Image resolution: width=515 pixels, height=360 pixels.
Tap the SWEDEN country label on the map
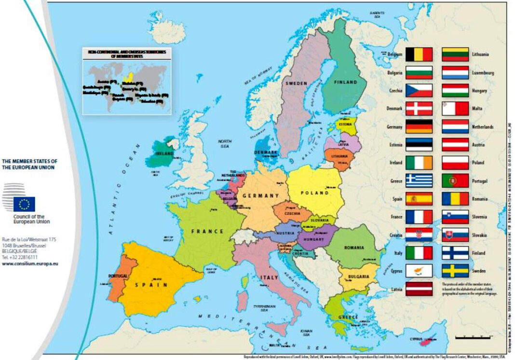click(296, 83)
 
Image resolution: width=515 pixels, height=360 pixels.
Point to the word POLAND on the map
click(315, 193)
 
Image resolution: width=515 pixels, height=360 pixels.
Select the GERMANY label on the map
click(260, 195)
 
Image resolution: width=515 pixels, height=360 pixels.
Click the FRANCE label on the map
click(207, 231)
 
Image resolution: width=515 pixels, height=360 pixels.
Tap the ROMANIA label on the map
click(354, 248)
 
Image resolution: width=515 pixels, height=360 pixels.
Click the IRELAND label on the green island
click(164, 153)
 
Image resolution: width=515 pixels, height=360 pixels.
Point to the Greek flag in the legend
click(419, 180)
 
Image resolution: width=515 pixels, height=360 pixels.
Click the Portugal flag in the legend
click(455, 180)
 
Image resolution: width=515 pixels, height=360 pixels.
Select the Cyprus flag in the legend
click(419, 271)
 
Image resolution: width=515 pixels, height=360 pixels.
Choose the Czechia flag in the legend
click(419, 90)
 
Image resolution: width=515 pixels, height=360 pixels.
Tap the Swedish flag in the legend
click(455, 271)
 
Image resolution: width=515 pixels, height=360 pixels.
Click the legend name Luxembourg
click(483, 73)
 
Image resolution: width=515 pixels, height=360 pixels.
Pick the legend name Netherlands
click(483, 127)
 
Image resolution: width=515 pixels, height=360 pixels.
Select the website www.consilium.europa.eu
click(30, 264)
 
